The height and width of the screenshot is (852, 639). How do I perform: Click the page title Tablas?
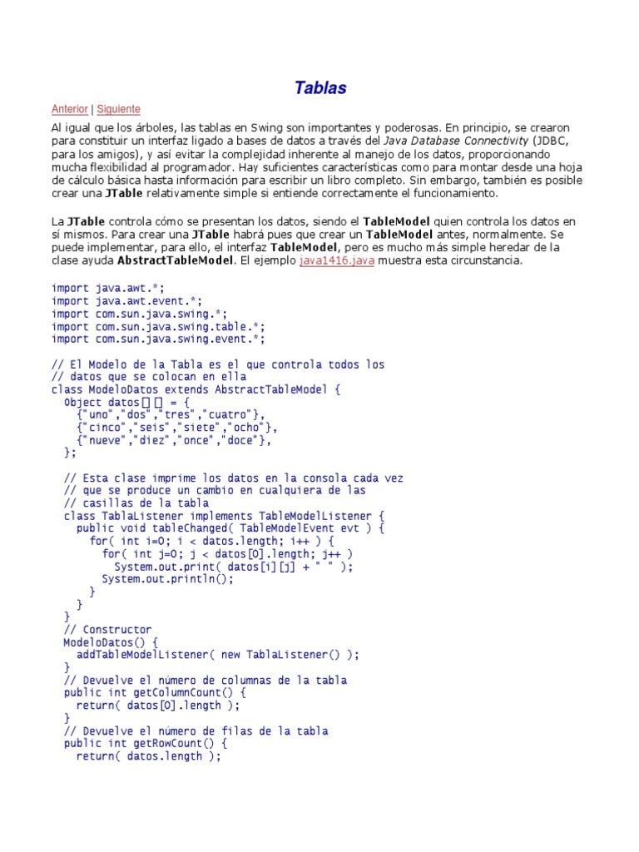pos(320,87)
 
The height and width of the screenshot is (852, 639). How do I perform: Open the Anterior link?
pos(69,109)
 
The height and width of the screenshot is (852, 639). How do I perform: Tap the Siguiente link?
pos(118,109)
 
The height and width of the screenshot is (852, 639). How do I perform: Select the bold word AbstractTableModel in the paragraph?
pos(175,260)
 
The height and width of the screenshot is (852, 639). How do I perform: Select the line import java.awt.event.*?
pos(126,301)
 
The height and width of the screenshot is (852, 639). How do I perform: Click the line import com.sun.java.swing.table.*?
pos(158,326)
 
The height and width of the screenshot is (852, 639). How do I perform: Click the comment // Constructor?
pos(107,630)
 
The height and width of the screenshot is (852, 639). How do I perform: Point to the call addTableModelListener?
pos(146,655)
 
